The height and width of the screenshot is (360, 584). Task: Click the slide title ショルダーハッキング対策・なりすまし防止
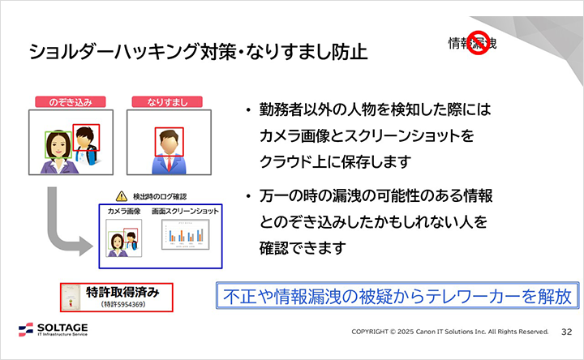[x=197, y=53]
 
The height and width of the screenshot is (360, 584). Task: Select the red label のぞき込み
[x=72, y=102]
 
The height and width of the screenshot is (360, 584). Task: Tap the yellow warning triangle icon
[x=122, y=195]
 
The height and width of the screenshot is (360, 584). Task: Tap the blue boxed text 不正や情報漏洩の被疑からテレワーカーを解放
[x=397, y=294]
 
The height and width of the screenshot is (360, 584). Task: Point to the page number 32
[x=566, y=332]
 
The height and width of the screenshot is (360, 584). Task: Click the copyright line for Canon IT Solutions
[x=449, y=332]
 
